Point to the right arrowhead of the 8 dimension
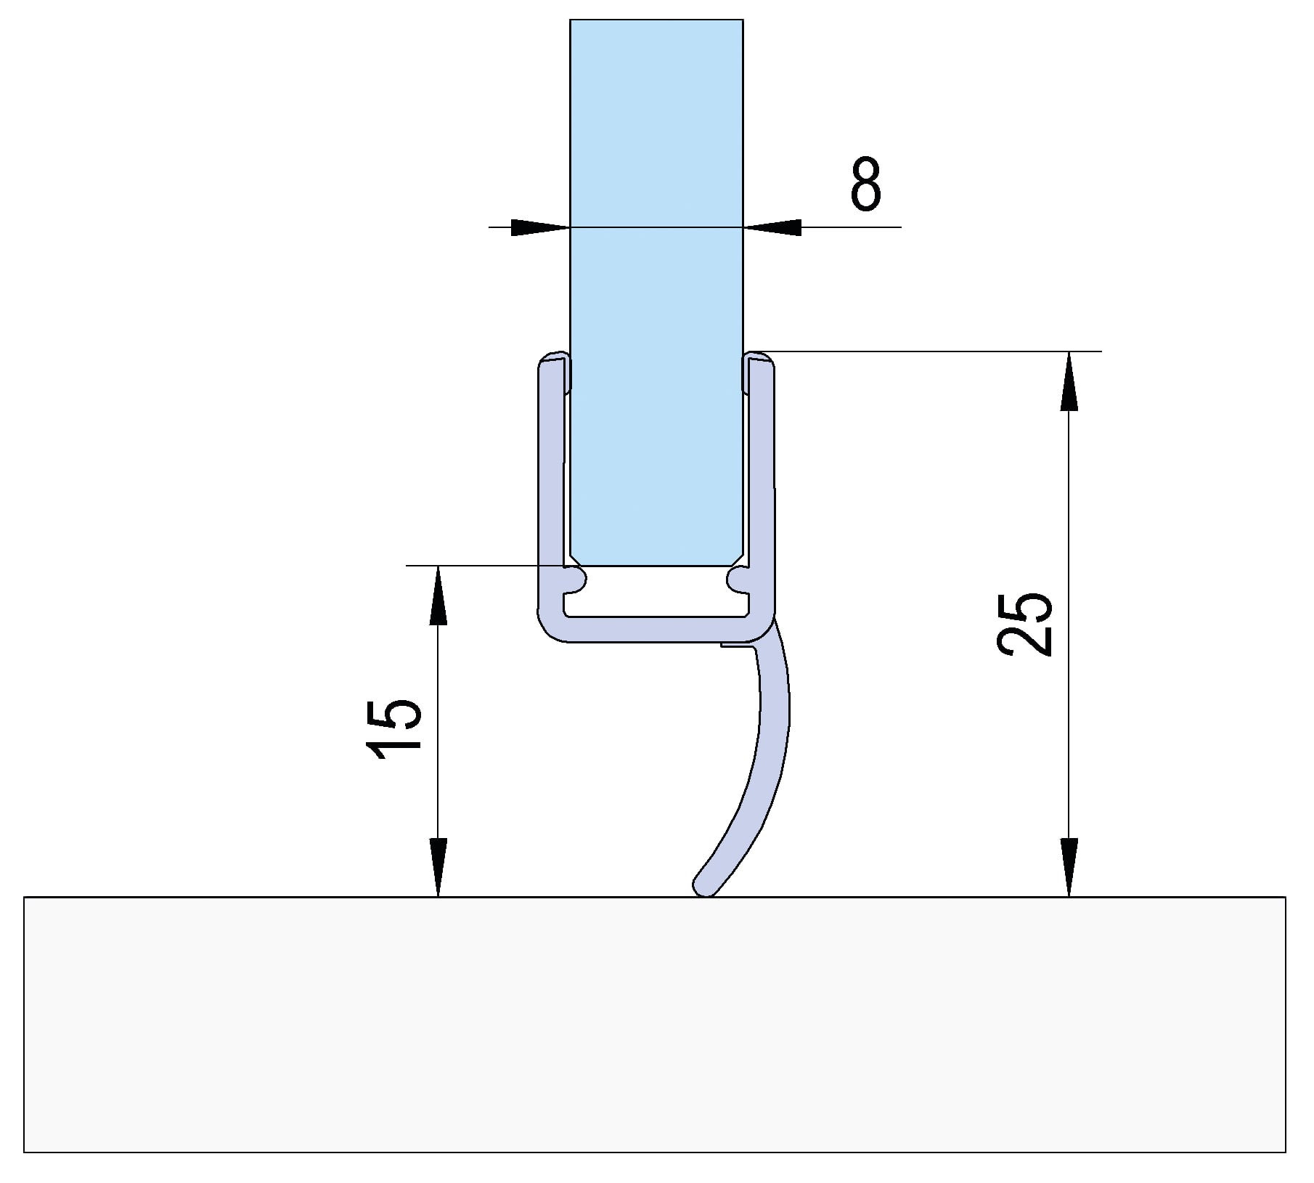(x=772, y=227)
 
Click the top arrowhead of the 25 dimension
(x=1069, y=381)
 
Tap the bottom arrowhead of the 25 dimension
(x=1069, y=867)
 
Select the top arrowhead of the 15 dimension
(x=438, y=595)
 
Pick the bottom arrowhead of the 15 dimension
(x=438, y=867)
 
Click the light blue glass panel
(x=656, y=290)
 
